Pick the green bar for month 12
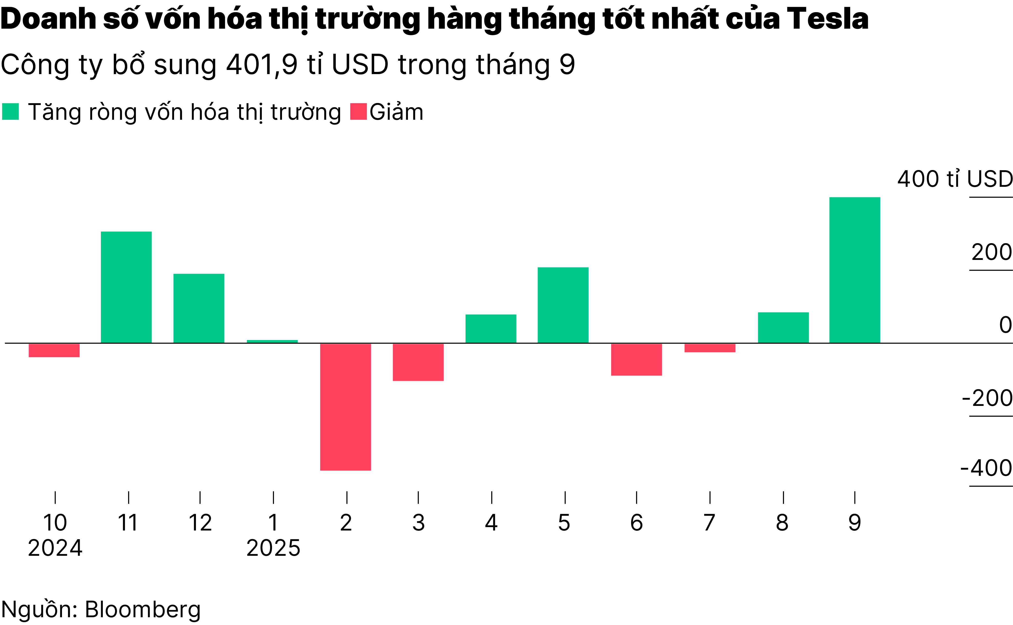click(x=199, y=308)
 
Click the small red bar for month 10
click(x=54, y=350)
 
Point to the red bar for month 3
click(x=418, y=362)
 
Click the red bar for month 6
click(x=636, y=359)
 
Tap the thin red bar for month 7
click(x=710, y=348)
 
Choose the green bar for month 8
click(x=783, y=327)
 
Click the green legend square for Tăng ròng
click(x=10, y=111)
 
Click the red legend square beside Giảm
click(x=358, y=111)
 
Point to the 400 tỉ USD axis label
click(x=955, y=179)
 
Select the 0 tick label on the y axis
click(x=1005, y=325)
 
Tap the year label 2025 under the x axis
click(x=273, y=548)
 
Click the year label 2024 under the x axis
click(x=55, y=548)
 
